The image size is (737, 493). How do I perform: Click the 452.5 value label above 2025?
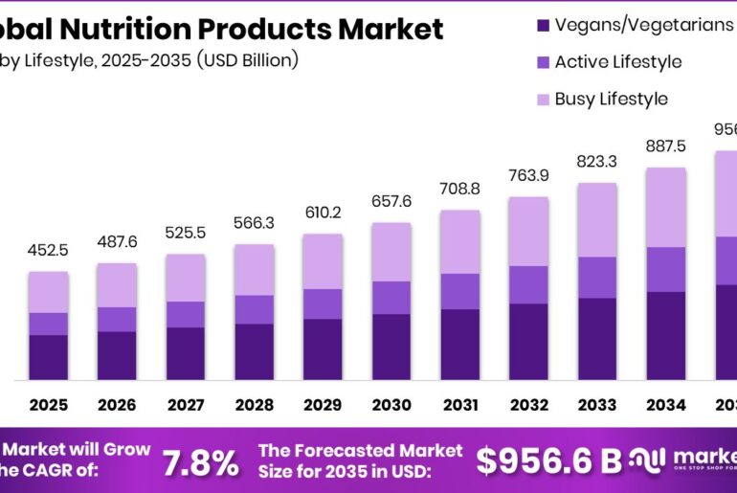pyautogui.click(x=48, y=252)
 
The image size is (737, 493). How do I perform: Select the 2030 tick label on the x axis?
pyautogui.click(x=391, y=405)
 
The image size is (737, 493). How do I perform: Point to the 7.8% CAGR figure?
pyautogui.click(x=200, y=462)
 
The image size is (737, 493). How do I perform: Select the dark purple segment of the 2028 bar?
pyautogui.click(x=254, y=351)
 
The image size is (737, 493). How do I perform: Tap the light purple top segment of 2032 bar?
pyautogui.click(x=528, y=231)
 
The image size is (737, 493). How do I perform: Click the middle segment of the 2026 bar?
pyautogui.click(x=116, y=319)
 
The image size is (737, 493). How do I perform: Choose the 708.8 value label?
pyautogui.click(x=459, y=190)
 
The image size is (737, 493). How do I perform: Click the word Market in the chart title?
pyautogui.click(x=391, y=30)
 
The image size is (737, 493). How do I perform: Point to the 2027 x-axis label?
pyautogui.click(x=185, y=405)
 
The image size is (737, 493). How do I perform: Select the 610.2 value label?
pyautogui.click(x=323, y=213)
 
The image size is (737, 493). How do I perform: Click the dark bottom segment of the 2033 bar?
pyautogui.click(x=597, y=339)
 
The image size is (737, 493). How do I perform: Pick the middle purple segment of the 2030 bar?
pyautogui.click(x=391, y=297)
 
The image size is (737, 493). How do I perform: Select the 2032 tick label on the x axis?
pyautogui.click(x=528, y=405)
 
